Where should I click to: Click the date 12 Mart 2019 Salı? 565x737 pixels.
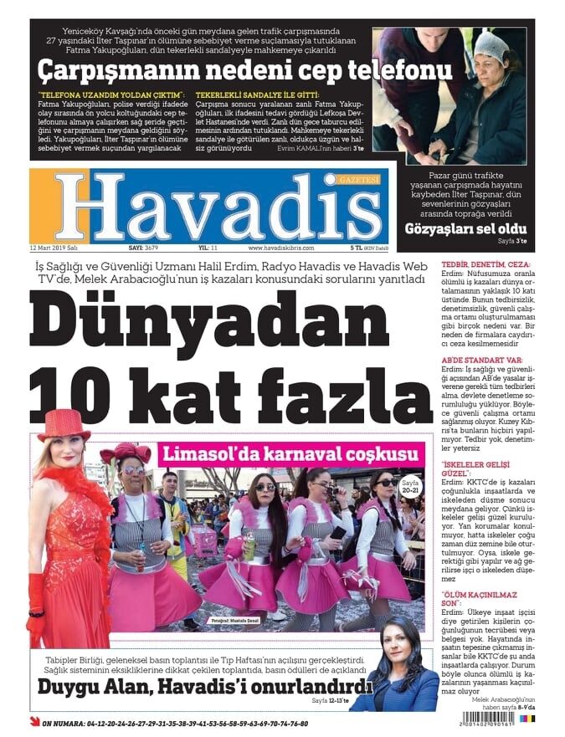point(54,248)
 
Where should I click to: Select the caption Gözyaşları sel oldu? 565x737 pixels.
point(465,228)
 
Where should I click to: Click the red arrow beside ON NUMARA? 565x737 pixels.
point(34,722)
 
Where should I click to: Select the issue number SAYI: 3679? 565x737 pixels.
point(143,248)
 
